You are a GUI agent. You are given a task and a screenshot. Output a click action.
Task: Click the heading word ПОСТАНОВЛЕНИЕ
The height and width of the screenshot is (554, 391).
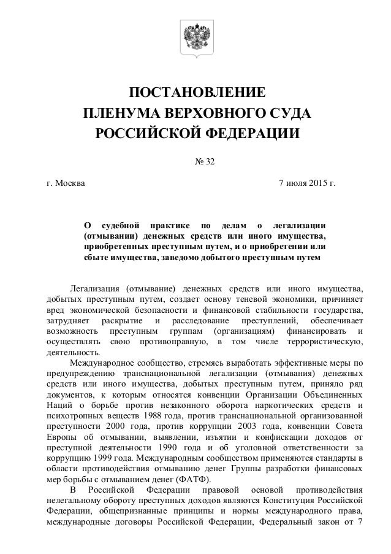coord(197,93)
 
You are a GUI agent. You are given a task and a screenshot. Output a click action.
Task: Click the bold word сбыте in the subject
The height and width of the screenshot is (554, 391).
coord(94,256)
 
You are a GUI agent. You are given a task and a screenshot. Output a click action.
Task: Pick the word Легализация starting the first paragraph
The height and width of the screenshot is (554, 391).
coord(94,288)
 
